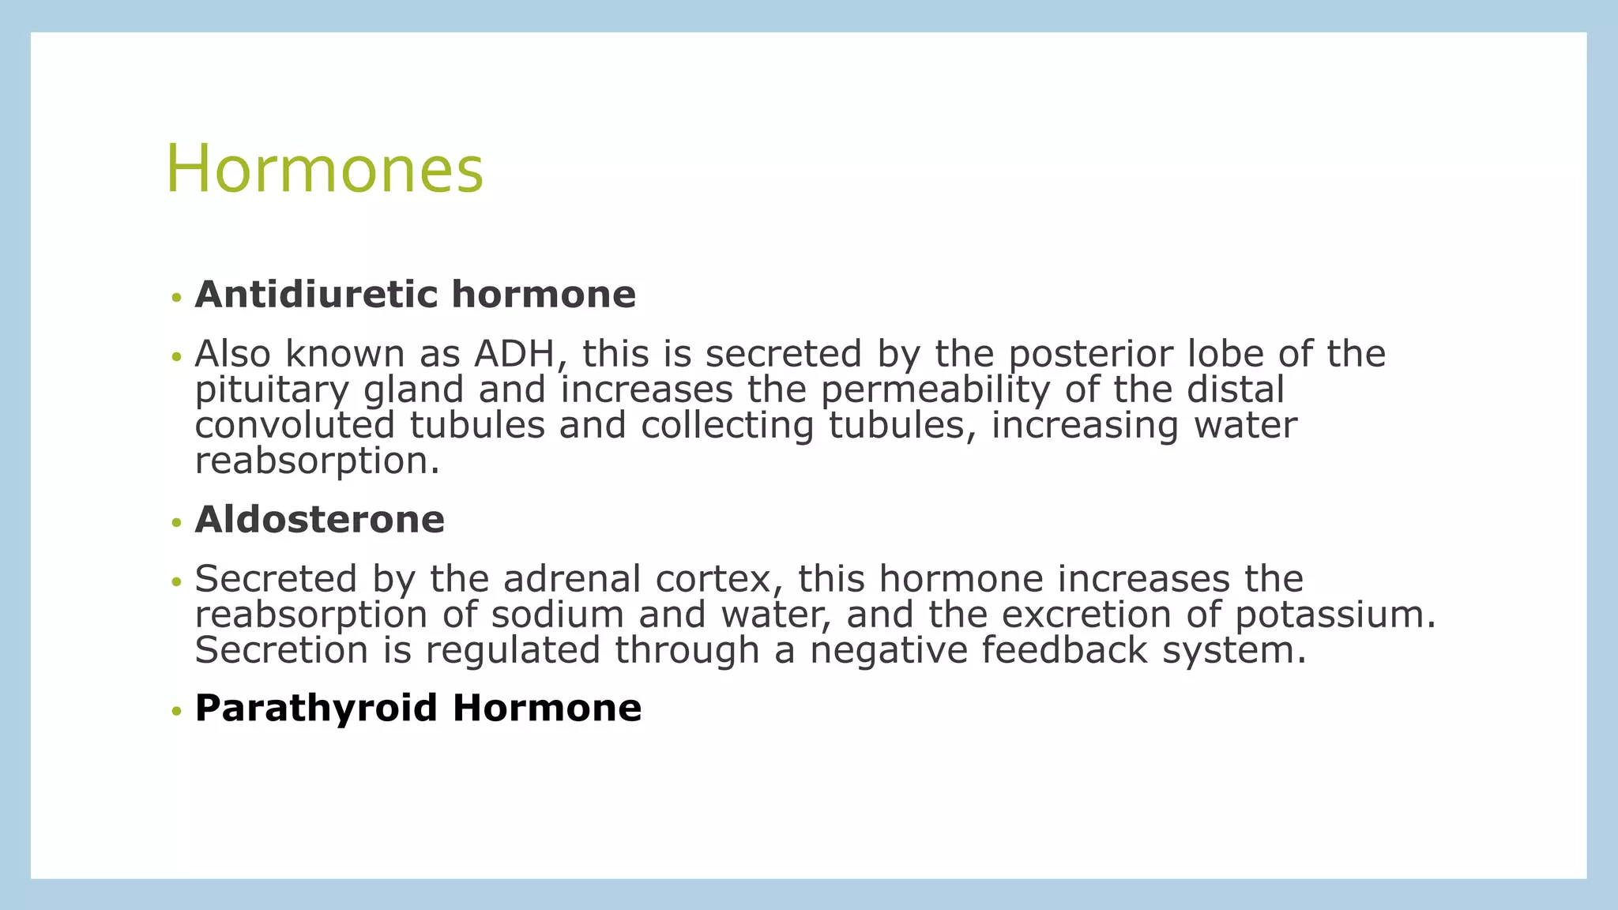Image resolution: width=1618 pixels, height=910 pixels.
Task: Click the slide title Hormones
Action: coord(324,170)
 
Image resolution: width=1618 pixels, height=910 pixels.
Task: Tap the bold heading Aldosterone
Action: coord(319,520)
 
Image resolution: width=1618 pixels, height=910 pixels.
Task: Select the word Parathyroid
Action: coord(316,708)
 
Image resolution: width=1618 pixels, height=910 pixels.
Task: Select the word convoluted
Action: coord(294,425)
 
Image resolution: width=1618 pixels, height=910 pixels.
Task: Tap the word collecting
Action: coord(727,425)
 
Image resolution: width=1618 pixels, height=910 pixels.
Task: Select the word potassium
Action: coord(1334,615)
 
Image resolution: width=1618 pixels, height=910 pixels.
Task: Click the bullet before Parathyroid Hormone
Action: coord(176,711)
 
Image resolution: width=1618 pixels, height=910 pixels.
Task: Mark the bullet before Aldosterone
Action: coord(176,523)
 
